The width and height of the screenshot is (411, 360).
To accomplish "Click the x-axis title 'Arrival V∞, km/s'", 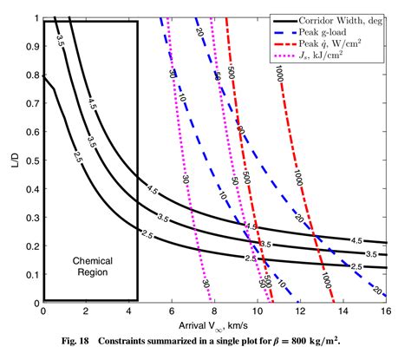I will point(213,324).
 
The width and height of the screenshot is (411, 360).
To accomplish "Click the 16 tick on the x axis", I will point(384,311).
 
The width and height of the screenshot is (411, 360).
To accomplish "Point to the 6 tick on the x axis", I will point(171,311).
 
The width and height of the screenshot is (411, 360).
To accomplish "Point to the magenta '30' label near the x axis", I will point(205,284).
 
